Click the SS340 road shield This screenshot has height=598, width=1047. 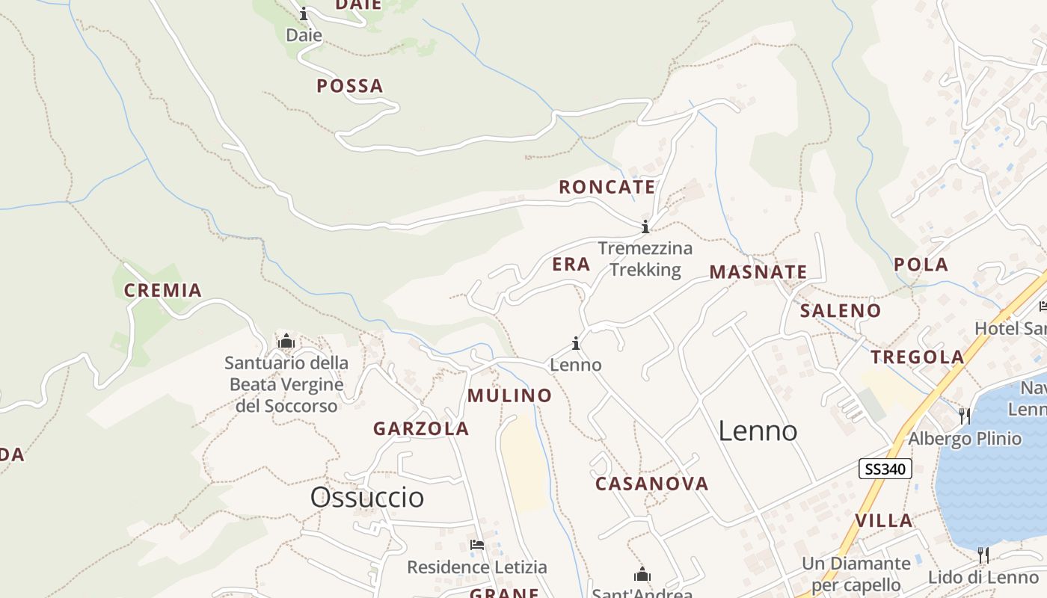click(x=885, y=469)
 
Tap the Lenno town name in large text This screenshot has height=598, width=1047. click(x=758, y=431)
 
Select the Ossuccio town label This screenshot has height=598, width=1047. click(x=367, y=497)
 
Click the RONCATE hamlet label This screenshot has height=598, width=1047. click(x=607, y=187)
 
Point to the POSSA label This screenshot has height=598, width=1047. click(x=349, y=86)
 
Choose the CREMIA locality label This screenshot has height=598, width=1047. click(x=163, y=291)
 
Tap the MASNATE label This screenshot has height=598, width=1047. click(x=758, y=272)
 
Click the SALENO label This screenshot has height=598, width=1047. click(x=841, y=311)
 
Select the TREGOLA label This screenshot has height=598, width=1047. click(x=918, y=357)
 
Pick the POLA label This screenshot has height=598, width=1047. click(x=921, y=265)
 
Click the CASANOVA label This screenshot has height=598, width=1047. click(x=651, y=484)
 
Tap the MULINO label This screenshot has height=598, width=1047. click(x=509, y=396)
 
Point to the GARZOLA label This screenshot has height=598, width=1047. click(x=421, y=429)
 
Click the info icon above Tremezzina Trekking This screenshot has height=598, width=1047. click(x=645, y=226)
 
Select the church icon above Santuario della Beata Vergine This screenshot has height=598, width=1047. click(x=286, y=342)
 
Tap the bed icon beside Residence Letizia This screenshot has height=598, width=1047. click(x=476, y=545)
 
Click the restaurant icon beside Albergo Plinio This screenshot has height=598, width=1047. click(x=965, y=416)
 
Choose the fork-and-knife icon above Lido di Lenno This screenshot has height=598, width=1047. click(x=983, y=555)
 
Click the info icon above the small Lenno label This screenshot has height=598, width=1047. click(x=576, y=344)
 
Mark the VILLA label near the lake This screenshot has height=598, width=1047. click(x=883, y=521)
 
